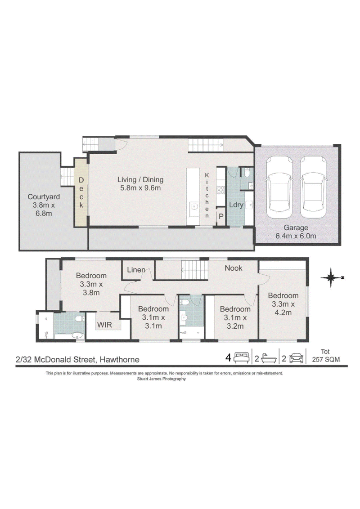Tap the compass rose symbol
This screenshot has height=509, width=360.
point(332,277)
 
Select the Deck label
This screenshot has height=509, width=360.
point(81,192)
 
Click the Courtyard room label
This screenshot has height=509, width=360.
point(44,205)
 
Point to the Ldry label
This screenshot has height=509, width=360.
point(236,205)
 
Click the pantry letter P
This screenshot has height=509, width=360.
point(221,216)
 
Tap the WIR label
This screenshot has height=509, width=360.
point(104,325)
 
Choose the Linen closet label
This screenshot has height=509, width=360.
point(136,270)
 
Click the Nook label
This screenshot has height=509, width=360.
point(234,268)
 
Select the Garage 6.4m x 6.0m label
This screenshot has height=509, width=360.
point(296,232)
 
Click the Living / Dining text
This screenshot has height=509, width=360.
point(140,179)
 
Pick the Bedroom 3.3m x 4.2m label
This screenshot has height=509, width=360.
point(283,304)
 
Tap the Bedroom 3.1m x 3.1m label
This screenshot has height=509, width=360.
point(153,317)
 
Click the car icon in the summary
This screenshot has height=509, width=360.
point(296,358)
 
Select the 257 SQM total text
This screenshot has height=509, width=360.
point(326,359)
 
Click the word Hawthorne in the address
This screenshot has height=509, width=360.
point(120,359)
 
